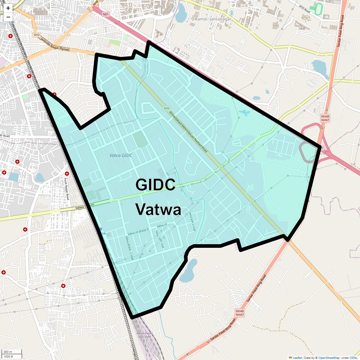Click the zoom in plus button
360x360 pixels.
[8, 8]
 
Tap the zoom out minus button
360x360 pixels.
[8, 17]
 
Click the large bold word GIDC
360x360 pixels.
[155, 184]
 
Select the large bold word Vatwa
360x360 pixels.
[158, 209]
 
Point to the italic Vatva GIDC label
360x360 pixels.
[121, 155]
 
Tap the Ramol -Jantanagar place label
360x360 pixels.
[213, 19]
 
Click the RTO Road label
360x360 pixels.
[304, 9]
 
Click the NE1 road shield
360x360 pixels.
[105, 14]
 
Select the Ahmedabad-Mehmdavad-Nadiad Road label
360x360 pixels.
[188, 132]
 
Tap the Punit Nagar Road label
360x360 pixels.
[67, 189]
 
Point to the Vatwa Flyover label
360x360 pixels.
[85, 206]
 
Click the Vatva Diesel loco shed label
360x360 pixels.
[144, 335]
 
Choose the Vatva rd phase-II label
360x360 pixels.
[138, 232]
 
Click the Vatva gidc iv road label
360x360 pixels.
[192, 221]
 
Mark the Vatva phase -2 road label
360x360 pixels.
[129, 248]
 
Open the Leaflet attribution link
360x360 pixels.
[297, 358]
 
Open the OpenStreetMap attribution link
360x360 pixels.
[329, 358]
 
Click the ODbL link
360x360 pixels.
[353, 358]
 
